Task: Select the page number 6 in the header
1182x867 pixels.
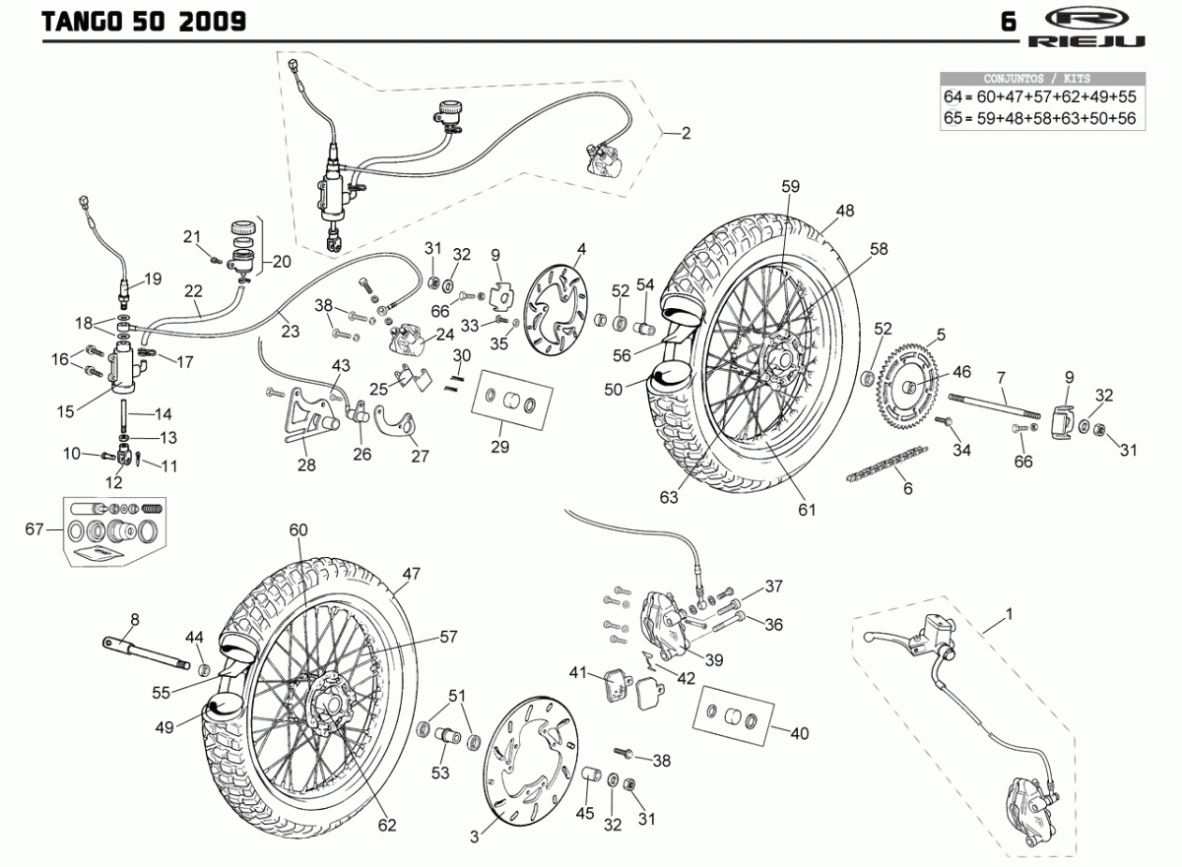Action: pos(1009,22)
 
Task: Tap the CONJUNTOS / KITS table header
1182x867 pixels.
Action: pos(1044,78)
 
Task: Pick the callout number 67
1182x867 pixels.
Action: pos(35,530)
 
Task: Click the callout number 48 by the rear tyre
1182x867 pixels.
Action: pos(845,210)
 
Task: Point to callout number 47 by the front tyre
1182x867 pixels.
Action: pos(411,574)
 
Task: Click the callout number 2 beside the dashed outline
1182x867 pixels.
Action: pos(686,133)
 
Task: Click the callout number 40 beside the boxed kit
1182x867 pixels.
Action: pos(799,732)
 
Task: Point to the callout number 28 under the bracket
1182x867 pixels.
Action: pos(307,465)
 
